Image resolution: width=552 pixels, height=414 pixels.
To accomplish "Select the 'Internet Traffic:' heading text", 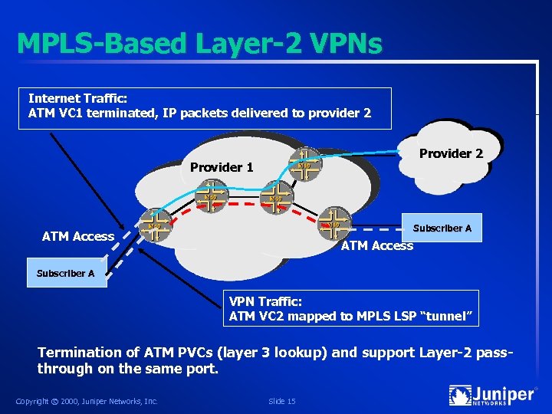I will (77, 98).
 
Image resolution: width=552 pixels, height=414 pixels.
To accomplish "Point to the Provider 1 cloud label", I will (222, 167).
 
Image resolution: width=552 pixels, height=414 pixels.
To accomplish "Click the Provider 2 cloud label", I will (451, 153).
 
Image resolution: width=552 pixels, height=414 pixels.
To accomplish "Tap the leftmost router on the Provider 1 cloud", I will (155, 226).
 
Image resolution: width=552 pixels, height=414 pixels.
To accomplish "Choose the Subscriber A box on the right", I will (443, 228).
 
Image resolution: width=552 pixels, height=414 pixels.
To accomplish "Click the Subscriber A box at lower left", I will (66, 273).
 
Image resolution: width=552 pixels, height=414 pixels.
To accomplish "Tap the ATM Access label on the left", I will (78, 236).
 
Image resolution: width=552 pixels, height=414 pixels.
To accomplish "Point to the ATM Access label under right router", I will (376, 245).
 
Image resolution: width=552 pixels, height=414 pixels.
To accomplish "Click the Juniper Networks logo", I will (491, 396).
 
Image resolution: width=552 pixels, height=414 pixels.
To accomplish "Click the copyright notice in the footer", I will (87, 401).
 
